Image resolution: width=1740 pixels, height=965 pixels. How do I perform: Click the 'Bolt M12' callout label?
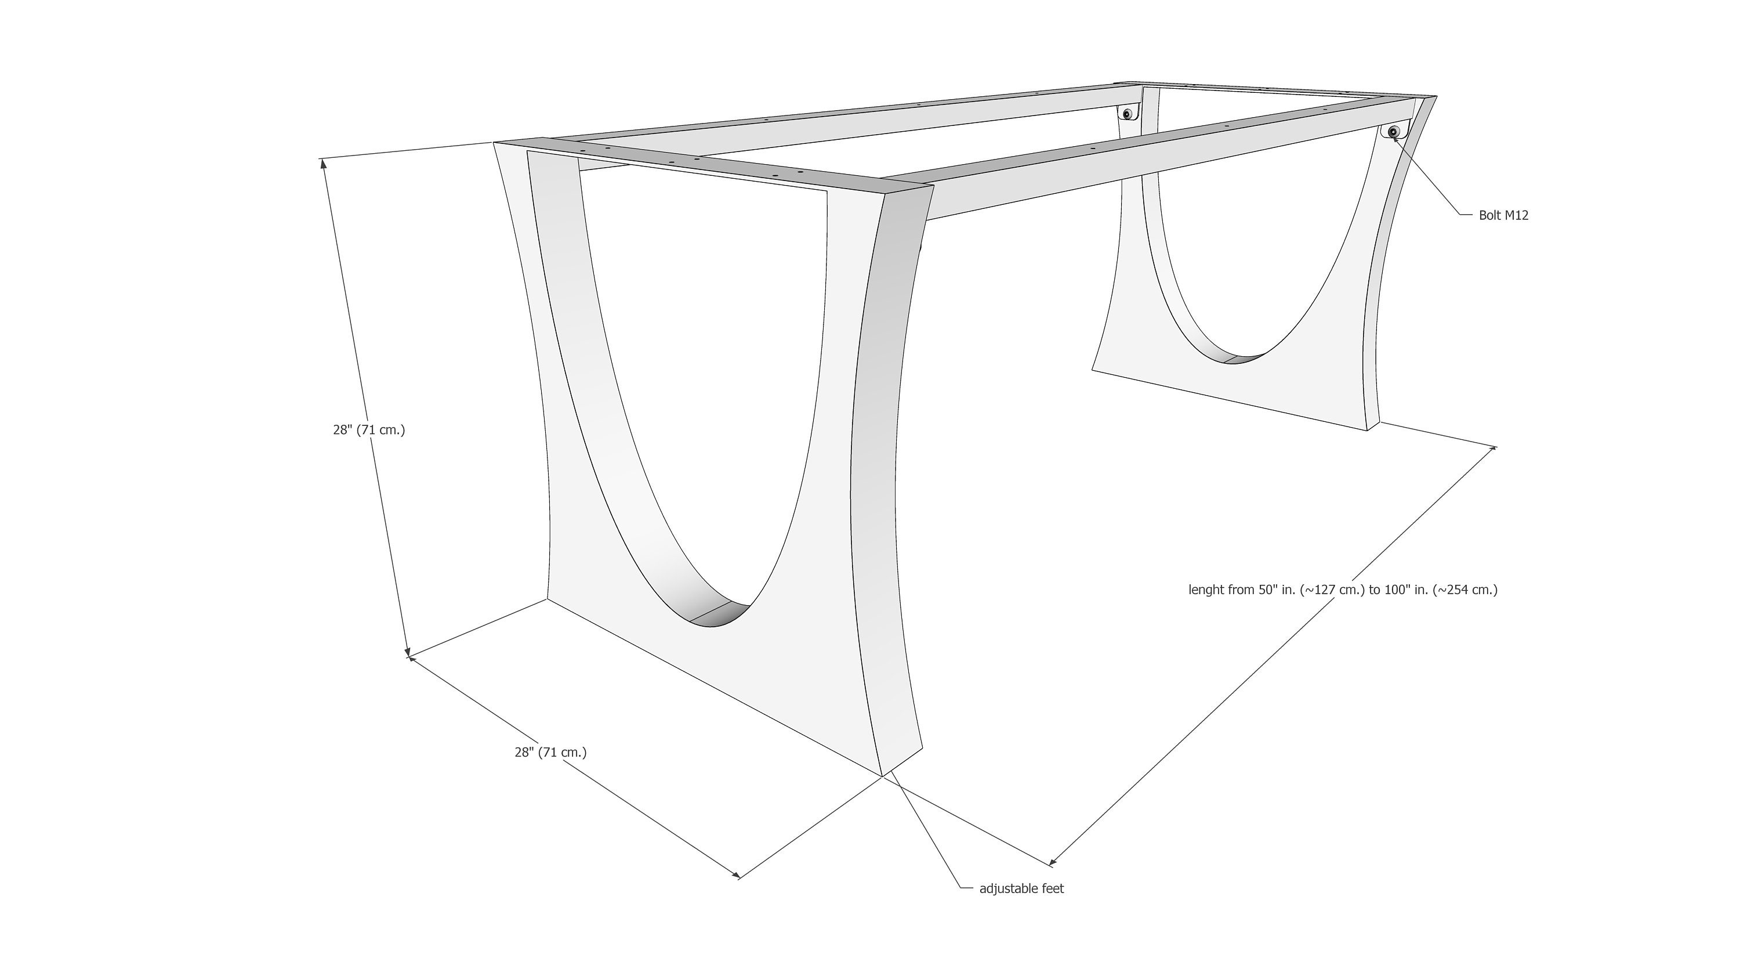click(x=1503, y=215)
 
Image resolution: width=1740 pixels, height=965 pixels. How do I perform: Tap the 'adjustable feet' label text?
click(x=1021, y=888)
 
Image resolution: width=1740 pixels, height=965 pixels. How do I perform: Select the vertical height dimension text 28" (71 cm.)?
click(x=369, y=430)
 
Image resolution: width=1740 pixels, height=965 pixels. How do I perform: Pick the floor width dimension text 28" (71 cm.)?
click(x=550, y=752)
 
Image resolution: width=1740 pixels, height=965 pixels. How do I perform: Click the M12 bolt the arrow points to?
click(x=1393, y=132)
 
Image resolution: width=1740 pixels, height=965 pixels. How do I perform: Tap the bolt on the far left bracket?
click(x=1127, y=114)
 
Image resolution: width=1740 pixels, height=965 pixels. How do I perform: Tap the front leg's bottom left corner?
click(x=547, y=599)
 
